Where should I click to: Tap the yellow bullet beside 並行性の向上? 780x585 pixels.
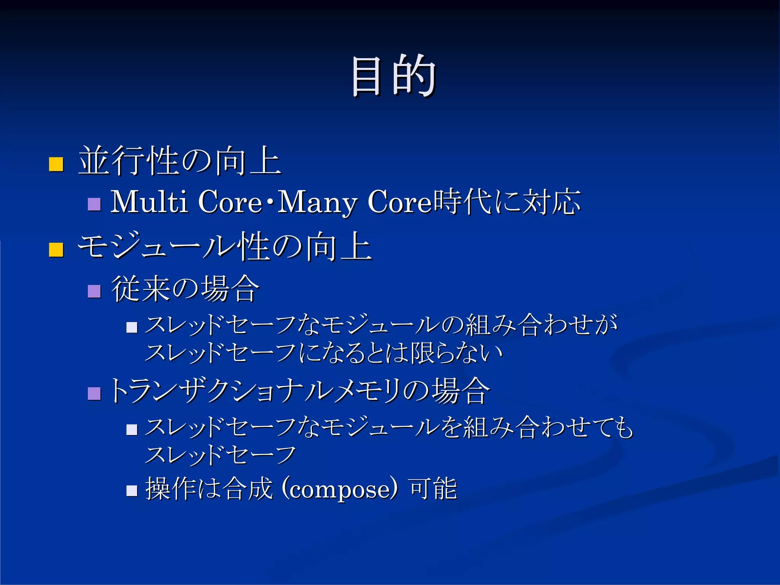pyautogui.click(x=56, y=165)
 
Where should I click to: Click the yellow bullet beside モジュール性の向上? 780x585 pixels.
pyautogui.click(x=56, y=250)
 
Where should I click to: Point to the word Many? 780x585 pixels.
pyautogui.click(x=317, y=202)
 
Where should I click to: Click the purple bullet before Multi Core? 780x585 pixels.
pyautogui.click(x=94, y=204)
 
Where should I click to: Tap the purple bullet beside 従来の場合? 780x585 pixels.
pyautogui.click(x=94, y=291)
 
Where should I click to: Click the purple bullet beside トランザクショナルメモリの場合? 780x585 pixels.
pyautogui.click(x=94, y=393)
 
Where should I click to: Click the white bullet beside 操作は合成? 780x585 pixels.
pyautogui.click(x=132, y=491)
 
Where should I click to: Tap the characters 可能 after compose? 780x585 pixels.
pyautogui.click(x=433, y=488)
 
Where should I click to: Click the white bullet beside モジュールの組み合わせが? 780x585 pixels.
pyautogui.click(x=132, y=327)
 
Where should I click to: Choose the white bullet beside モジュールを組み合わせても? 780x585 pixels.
pyautogui.click(x=132, y=430)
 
